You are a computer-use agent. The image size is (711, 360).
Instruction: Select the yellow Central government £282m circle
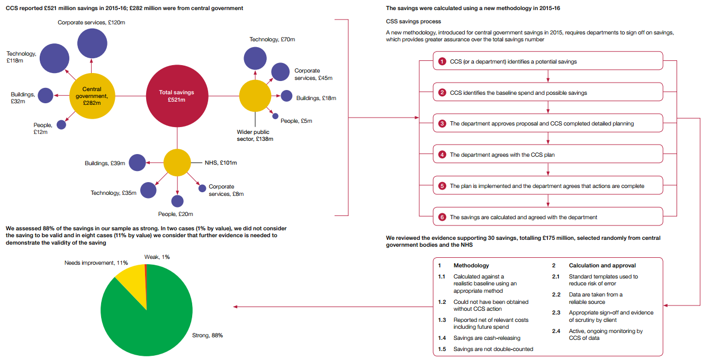click(92, 96)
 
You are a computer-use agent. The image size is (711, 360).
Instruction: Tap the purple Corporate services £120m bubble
click(92, 43)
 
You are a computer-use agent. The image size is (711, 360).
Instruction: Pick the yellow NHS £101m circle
click(177, 163)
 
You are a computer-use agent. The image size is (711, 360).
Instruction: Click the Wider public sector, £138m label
click(254, 136)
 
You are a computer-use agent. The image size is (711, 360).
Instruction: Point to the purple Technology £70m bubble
click(255, 58)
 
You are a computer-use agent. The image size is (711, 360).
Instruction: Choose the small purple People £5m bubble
click(275, 116)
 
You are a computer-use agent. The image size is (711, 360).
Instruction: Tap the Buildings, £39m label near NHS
click(105, 163)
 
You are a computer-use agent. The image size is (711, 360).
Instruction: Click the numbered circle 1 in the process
click(443, 61)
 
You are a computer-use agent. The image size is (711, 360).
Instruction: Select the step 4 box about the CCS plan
click(548, 155)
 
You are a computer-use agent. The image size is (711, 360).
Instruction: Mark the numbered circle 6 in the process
click(443, 217)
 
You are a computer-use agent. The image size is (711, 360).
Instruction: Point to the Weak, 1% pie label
click(157, 257)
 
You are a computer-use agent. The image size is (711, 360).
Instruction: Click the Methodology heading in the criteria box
click(471, 265)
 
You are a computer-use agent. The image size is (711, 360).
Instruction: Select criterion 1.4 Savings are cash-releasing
click(487, 338)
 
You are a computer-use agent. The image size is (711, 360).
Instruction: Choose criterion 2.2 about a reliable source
click(595, 298)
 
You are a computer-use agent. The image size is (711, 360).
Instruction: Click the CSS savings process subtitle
click(413, 21)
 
